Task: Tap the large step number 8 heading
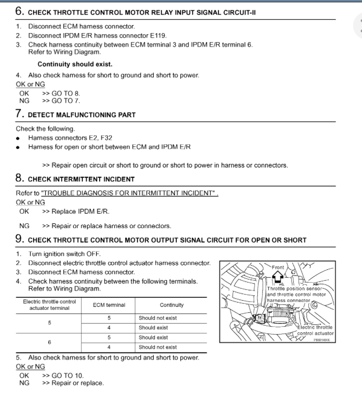(20, 178)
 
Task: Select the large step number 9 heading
(20, 240)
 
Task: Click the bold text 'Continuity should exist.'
(75, 64)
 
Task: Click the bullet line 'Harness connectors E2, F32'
(70, 138)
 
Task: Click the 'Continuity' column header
(172, 305)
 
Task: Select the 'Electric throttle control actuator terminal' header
(49, 305)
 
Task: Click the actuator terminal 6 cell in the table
(49, 342)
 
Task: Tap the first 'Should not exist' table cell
(158, 318)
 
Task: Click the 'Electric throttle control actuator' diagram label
(316, 330)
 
